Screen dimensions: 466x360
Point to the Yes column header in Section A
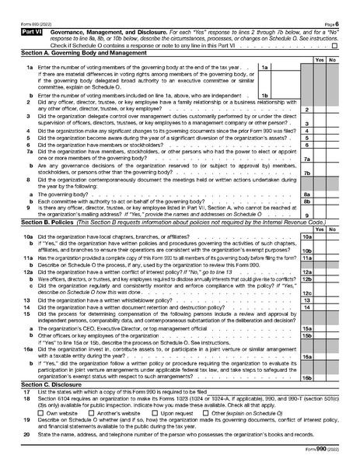click(319, 59)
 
